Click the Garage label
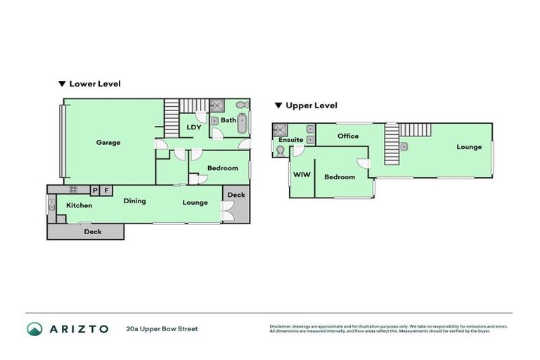[108, 143]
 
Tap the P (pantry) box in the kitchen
[95, 190]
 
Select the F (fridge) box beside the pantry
[106, 190]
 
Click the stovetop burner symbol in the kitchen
[73, 190]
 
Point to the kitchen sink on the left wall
[51, 205]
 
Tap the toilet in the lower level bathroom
[241, 105]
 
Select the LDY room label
[194, 127]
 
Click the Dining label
[134, 201]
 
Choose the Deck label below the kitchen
[92, 231]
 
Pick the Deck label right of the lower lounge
[236, 195]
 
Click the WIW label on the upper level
[302, 174]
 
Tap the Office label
[348, 136]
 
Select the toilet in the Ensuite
[281, 150]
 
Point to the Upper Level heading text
[311, 105]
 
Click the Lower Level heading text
[94, 84]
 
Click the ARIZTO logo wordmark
[77, 328]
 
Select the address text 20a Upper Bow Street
[162, 328]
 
